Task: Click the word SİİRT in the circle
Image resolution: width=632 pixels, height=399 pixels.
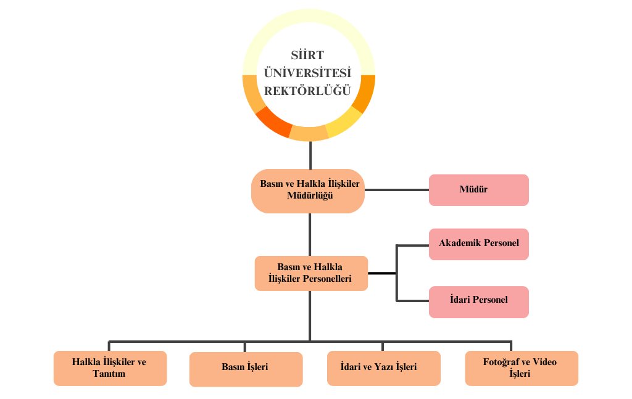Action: tap(307, 56)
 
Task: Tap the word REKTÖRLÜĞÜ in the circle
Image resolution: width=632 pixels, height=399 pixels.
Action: tap(307, 91)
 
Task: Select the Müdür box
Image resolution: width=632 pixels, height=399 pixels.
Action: tap(478, 190)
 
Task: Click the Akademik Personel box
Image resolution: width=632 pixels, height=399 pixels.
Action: tap(478, 244)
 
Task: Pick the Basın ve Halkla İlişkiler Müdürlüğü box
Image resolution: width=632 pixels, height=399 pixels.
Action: tap(309, 191)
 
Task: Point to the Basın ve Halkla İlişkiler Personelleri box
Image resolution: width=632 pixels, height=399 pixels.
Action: tap(310, 273)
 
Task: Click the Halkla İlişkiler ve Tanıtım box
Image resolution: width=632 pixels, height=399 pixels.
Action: tap(110, 368)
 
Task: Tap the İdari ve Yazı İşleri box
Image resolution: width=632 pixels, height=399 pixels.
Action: tap(383, 368)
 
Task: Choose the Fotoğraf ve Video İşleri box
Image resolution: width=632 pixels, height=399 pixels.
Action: tap(521, 368)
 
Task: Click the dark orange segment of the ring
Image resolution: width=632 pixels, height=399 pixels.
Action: tap(273, 121)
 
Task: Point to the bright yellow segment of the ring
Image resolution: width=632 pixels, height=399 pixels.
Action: tap(344, 122)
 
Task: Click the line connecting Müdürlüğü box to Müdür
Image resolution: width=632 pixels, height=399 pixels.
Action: tap(397, 190)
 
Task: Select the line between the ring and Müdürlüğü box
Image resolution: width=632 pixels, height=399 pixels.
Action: tap(310, 154)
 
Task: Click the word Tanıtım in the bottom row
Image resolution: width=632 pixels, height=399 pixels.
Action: tap(109, 374)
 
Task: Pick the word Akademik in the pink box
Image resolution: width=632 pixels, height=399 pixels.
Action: tap(460, 243)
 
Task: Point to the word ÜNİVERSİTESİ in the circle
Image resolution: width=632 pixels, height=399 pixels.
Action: tap(307, 73)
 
